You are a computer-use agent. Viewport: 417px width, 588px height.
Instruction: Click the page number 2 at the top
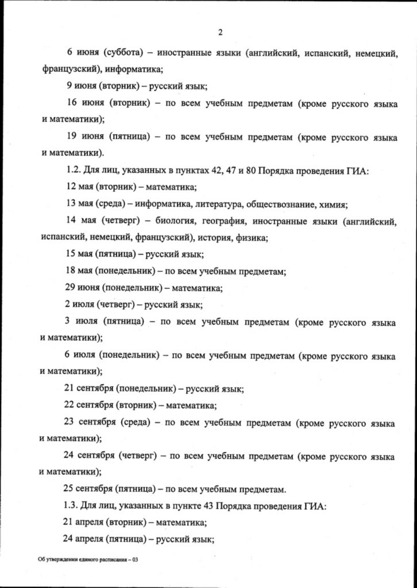220,32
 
